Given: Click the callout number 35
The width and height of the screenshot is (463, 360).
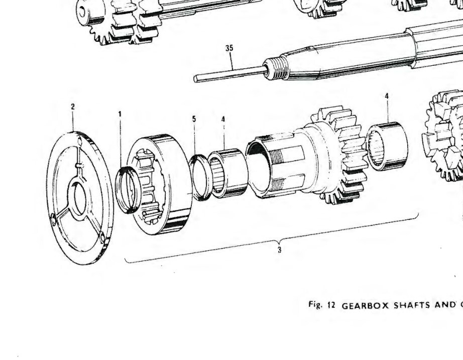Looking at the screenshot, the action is point(229,48).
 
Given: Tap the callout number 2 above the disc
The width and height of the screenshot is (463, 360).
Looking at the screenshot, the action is point(73,106).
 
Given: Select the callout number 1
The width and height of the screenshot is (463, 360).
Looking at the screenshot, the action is point(120,114).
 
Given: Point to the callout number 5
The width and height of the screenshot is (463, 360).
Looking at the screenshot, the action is point(194,118).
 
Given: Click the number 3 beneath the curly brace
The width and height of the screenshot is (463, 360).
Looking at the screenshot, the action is point(279,250).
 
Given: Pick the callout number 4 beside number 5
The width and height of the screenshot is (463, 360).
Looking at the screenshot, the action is point(223,119).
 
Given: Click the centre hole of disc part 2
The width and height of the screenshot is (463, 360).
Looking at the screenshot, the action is point(80,199).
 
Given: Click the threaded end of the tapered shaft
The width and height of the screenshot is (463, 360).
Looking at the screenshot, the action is point(276,69).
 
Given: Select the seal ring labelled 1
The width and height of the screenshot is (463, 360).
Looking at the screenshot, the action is point(128,190).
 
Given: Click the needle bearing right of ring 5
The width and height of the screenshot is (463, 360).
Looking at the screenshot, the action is point(228,173).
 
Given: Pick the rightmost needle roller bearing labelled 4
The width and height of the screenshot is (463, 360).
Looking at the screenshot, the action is point(387,146).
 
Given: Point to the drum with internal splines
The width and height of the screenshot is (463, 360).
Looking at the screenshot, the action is point(160,184).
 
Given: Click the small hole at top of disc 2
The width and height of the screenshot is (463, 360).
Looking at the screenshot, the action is point(79,142).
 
